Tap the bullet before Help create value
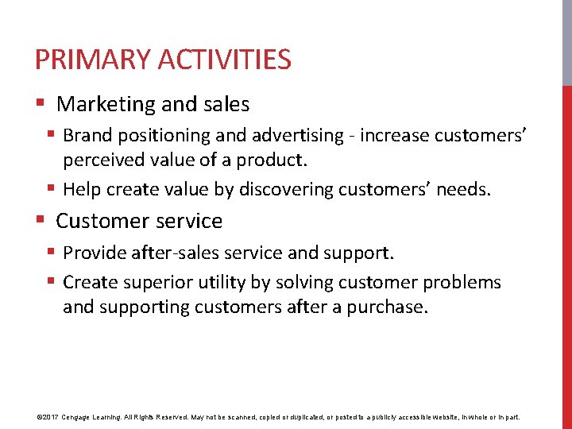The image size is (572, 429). click(51, 189)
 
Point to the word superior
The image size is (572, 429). click(151, 283)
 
